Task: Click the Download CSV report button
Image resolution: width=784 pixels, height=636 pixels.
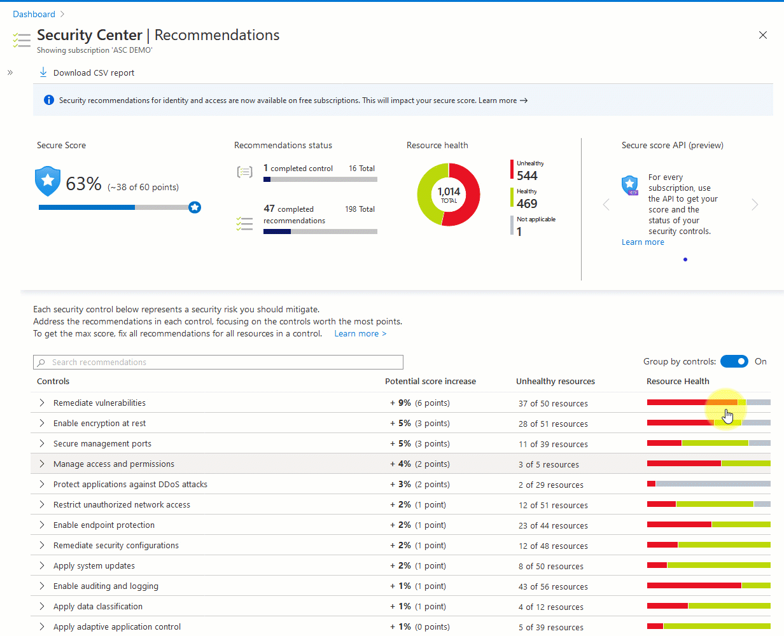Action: (x=87, y=73)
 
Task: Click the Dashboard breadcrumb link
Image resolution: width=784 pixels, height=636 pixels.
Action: (x=34, y=14)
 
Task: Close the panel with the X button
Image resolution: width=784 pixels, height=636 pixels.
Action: (x=763, y=36)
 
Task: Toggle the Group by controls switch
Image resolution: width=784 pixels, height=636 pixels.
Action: (x=734, y=361)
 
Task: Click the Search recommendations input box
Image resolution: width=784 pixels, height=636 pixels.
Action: (x=218, y=363)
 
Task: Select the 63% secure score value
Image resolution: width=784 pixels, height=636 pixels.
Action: (x=84, y=184)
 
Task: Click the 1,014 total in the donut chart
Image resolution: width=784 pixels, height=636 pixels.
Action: (x=449, y=195)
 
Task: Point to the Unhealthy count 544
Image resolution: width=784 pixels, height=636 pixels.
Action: (x=527, y=176)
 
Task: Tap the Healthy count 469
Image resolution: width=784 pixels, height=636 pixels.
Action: (x=527, y=204)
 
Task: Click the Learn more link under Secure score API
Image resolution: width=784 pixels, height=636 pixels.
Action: (x=643, y=242)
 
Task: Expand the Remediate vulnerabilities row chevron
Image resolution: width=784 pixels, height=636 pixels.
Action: (x=42, y=403)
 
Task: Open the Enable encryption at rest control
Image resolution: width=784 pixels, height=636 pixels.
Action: (x=99, y=424)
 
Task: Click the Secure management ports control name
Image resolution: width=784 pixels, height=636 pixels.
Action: (x=102, y=444)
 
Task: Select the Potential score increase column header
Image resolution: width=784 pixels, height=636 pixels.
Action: (x=430, y=382)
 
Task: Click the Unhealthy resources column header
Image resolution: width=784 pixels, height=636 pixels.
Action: (x=555, y=382)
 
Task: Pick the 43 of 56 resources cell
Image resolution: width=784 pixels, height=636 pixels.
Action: (x=553, y=586)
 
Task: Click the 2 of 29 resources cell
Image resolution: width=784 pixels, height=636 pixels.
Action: (x=550, y=485)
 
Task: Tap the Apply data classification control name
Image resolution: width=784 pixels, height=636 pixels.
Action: (x=97, y=607)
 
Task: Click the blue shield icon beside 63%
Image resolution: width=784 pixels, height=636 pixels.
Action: (x=48, y=181)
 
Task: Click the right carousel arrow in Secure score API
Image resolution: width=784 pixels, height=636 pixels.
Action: (x=755, y=205)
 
